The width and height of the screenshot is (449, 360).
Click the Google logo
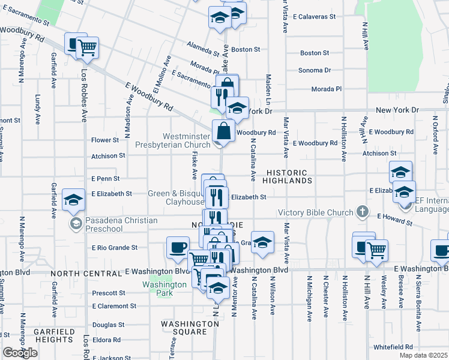(x=20, y=353)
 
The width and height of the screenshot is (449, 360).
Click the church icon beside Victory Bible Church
(x=362, y=212)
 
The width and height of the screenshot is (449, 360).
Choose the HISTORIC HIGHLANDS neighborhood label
(x=289, y=176)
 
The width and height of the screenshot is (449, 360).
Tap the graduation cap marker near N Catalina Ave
(x=262, y=241)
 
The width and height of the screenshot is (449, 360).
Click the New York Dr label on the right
(x=397, y=110)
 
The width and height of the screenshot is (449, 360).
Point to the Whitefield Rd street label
(x=393, y=347)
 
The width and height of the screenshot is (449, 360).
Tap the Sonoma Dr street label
(x=315, y=70)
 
